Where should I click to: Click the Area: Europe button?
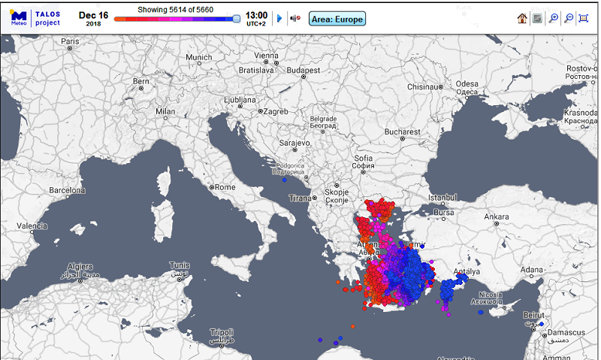coord(337,18)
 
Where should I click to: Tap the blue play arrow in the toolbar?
coord(279,18)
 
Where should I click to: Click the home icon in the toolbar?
coord(521,18)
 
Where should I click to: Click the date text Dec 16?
coord(93,15)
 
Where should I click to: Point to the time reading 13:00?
coord(256,14)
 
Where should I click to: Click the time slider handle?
coord(237,18)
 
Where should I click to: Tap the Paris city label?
coord(70,41)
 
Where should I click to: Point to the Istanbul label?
coord(442,198)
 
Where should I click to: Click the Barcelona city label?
coord(67,191)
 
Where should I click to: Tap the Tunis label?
coord(179,265)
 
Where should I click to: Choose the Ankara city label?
coord(497,217)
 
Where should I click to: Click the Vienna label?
coord(266,56)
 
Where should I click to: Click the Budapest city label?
coord(304,70)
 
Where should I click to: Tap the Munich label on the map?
coord(198,57)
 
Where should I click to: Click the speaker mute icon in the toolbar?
coord(295,18)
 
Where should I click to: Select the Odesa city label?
coord(467,83)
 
